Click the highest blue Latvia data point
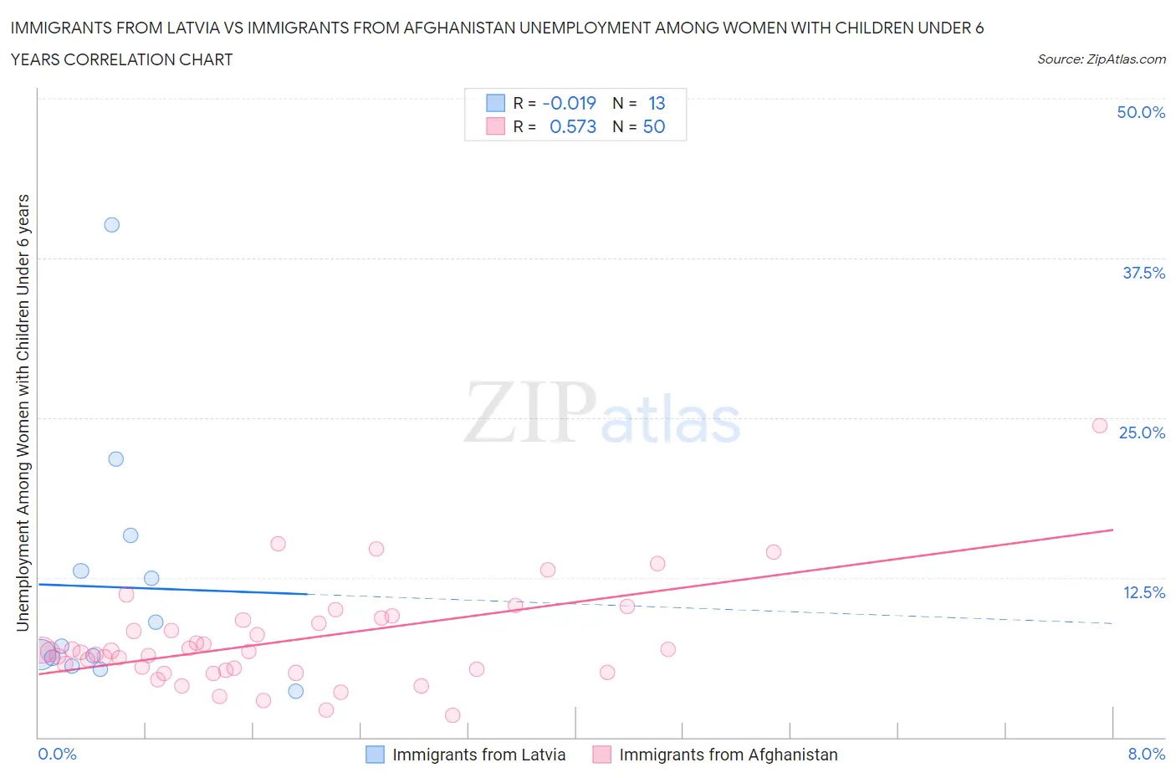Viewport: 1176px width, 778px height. pyautogui.click(x=111, y=224)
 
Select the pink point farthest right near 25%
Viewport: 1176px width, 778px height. pyautogui.click(x=1100, y=425)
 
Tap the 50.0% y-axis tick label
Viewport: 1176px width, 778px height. pyautogui.click(x=1140, y=112)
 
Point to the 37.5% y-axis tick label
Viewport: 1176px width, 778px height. pyautogui.click(x=1143, y=273)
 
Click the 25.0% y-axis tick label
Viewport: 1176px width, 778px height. pyautogui.click(x=1141, y=433)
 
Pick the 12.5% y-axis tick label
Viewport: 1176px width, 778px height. pyautogui.click(x=1143, y=592)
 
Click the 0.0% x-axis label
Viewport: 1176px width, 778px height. pyautogui.click(x=57, y=754)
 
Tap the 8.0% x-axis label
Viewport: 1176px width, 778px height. pyautogui.click(x=1145, y=754)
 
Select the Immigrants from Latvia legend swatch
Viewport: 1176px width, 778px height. pyautogui.click(x=376, y=755)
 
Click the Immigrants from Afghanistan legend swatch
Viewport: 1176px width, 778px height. pyautogui.click(x=601, y=755)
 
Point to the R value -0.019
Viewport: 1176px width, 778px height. pyautogui.click(x=569, y=103)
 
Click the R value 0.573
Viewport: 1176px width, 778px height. pyautogui.click(x=572, y=126)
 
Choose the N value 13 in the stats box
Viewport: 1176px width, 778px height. pyautogui.click(x=657, y=103)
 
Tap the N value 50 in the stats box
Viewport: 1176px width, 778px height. pyautogui.click(x=654, y=126)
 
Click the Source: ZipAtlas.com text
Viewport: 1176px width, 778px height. pyautogui.click(x=1101, y=59)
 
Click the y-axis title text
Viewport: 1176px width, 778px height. pyautogui.click(x=23, y=412)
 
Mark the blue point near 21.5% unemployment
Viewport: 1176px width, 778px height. pyautogui.click(x=115, y=458)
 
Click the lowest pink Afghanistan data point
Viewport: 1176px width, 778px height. pyautogui.click(x=453, y=714)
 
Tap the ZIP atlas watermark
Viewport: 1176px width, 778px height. pyautogui.click(x=602, y=413)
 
